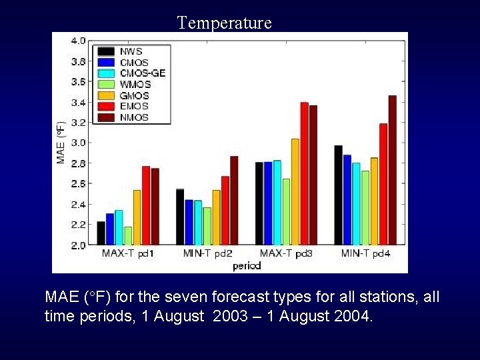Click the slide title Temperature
click(x=225, y=23)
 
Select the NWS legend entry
click(x=131, y=51)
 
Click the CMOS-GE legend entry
click(x=142, y=73)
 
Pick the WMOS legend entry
click(x=135, y=84)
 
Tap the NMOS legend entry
click(x=134, y=117)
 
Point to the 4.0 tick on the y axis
click(x=78, y=41)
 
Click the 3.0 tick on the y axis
click(x=78, y=143)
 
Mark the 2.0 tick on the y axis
click(x=78, y=245)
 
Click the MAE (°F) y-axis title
click(x=61, y=143)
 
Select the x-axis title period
click(x=247, y=265)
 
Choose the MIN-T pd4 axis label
click(x=366, y=254)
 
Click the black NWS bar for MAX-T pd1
click(x=101, y=233)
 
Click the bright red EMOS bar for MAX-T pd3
click(x=304, y=173)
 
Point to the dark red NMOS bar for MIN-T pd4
click(x=392, y=170)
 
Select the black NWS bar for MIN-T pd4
click(x=338, y=195)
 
